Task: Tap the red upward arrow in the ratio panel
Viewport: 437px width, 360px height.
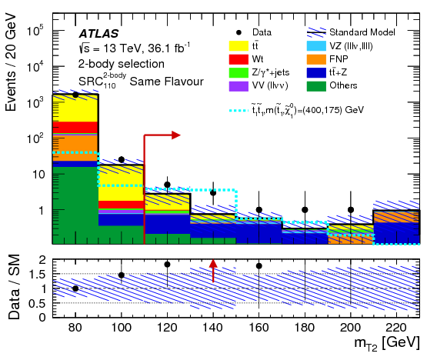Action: [213, 270]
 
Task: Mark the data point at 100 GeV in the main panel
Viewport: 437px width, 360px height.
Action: [121, 160]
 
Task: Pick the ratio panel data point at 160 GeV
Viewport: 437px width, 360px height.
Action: [259, 266]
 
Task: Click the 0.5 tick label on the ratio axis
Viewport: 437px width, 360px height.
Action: [36, 303]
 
